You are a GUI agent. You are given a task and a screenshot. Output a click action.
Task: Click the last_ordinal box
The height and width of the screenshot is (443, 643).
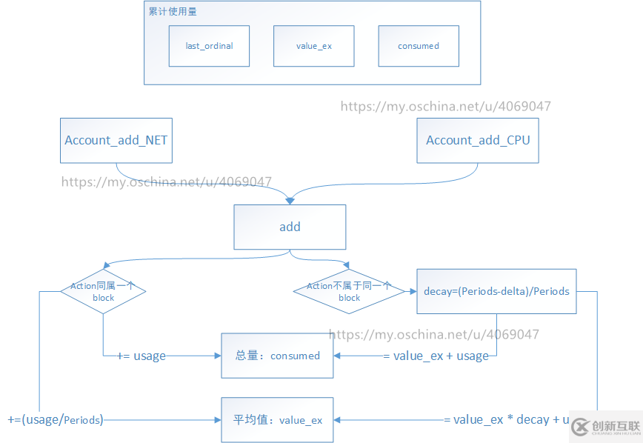point(209,46)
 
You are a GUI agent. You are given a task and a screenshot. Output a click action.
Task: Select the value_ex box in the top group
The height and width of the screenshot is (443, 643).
point(313,46)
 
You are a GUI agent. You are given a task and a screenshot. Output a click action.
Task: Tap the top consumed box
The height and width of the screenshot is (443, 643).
point(418,46)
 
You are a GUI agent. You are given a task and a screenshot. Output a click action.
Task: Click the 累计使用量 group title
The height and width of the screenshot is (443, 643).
point(173,12)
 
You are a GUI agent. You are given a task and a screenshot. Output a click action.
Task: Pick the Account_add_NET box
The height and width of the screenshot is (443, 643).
point(116,141)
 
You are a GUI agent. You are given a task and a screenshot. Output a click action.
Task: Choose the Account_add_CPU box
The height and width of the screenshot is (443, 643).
point(478,141)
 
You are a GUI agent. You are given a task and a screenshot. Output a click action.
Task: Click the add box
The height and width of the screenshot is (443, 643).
point(290,227)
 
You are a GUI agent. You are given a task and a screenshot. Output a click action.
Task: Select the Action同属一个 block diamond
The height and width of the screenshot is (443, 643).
point(103,291)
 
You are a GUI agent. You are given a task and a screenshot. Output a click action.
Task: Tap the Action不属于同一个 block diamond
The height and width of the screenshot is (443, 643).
point(349,291)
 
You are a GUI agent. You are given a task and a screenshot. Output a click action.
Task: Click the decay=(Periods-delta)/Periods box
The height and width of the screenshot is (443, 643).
point(496,291)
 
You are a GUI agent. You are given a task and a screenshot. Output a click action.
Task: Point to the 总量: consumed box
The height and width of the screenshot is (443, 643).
point(277,356)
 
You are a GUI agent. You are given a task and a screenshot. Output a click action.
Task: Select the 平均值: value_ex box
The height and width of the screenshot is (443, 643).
point(277,420)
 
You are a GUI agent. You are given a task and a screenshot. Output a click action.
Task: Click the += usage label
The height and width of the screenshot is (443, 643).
point(141,356)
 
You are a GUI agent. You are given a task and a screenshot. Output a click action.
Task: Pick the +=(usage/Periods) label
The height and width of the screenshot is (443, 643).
point(56,420)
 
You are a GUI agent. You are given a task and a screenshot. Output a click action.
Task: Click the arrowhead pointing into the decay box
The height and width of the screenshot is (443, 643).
point(411,292)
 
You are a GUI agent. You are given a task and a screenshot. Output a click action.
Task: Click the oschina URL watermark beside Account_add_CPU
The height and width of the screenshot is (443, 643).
point(445,107)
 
